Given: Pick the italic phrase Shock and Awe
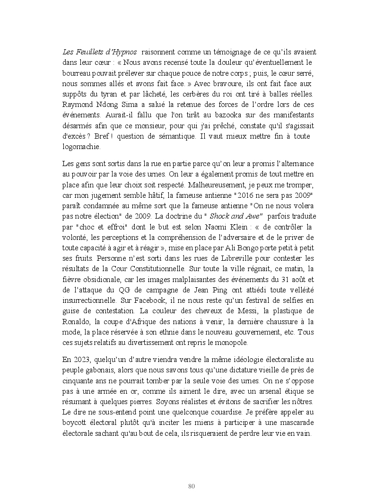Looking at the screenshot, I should coord(239,216).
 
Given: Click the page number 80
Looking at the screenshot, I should coord(192,486).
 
